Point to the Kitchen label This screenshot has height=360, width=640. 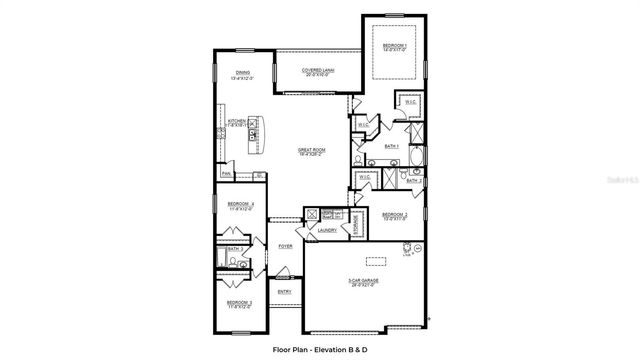[236, 121]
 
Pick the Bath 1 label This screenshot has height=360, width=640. [391, 146]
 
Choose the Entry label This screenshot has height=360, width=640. [284, 291]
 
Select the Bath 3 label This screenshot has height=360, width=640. [231, 249]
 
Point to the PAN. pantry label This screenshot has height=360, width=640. [227, 174]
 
